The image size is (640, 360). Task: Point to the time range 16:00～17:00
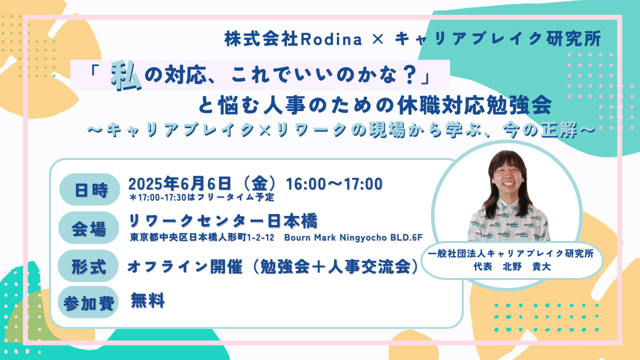click(x=334, y=183)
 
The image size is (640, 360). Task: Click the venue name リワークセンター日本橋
click(x=223, y=220)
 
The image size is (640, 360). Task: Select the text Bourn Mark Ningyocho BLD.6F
click(x=353, y=236)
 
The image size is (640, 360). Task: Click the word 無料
click(x=147, y=300)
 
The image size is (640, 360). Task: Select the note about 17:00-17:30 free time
click(x=201, y=197)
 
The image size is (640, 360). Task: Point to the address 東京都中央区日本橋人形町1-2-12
click(x=201, y=236)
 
